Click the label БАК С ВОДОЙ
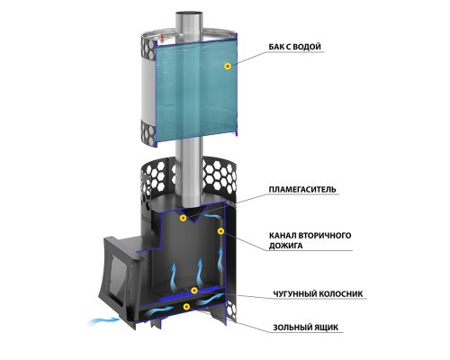[294, 47]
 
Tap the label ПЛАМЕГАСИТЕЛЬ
[302, 190]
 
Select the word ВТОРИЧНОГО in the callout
[325, 235]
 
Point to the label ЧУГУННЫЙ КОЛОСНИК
[318, 293]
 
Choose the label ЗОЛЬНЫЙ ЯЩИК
[305, 327]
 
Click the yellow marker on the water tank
[228, 67]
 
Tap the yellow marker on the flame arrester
[183, 218]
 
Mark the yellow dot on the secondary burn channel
[220, 230]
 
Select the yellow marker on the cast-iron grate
[194, 290]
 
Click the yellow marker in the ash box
[186, 306]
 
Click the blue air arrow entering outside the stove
[103, 321]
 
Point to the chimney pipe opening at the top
[189, 13]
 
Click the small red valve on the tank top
[162, 37]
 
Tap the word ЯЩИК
[326, 327]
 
